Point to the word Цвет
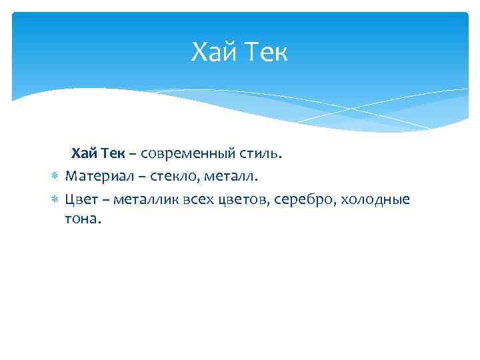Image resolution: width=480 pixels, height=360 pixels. pyautogui.click(x=81, y=199)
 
